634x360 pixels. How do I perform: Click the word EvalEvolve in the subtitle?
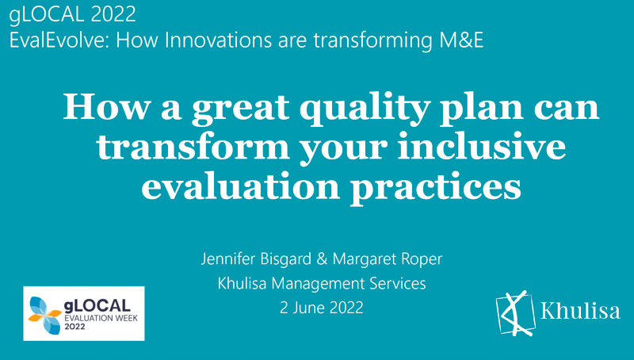[59, 40]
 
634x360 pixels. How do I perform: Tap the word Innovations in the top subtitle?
[216, 40]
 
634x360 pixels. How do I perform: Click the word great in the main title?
[241, 109]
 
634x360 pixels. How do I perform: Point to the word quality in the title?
[365, 109]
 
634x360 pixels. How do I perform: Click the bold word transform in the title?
[193, 147]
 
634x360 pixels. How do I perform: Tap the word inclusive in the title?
[481, 146]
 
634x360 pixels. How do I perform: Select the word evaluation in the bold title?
[241, 186]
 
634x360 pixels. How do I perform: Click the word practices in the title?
[435, 187]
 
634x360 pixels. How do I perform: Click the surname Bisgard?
[286, 259]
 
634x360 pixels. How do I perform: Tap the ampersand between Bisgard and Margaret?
[322, 259]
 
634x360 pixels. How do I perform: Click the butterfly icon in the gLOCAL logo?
[45, 315]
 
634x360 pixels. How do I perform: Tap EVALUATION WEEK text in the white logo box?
[101, 318]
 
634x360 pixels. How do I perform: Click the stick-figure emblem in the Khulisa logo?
[516, 313]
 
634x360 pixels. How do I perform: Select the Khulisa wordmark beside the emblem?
[580, 311]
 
